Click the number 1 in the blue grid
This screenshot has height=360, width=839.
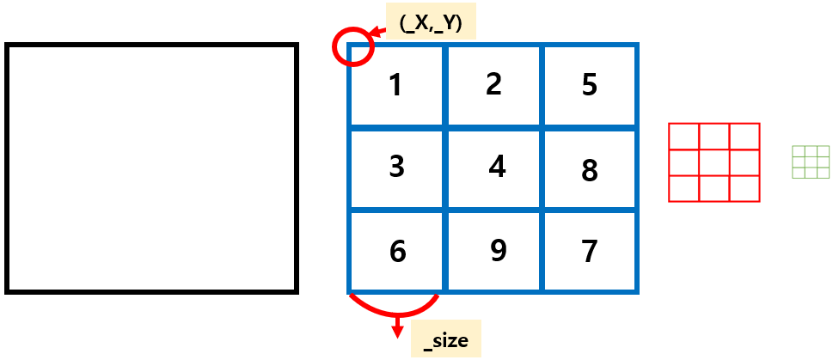coord(395,86)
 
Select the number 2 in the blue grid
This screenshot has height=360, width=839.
coord(493,84)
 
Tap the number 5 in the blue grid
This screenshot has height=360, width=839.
coord(589,86)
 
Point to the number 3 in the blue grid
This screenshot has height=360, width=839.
coord(396,166)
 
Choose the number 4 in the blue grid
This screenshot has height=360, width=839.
coord(497,166)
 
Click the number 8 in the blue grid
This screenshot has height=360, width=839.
coord(589,171)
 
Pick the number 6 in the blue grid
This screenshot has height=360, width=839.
coord(396,251)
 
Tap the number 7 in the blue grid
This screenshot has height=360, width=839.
coord(589,252)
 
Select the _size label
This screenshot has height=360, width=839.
coord(446,339)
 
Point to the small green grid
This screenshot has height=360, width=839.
coord(810,162)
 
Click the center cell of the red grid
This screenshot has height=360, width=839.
coord(714,162)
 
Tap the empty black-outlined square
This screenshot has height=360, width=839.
coord(151,168)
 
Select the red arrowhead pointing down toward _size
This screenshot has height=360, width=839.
coord(397,331)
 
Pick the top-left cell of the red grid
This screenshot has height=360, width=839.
coord(684,137)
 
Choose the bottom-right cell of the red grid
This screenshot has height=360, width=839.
coord(744,188)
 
